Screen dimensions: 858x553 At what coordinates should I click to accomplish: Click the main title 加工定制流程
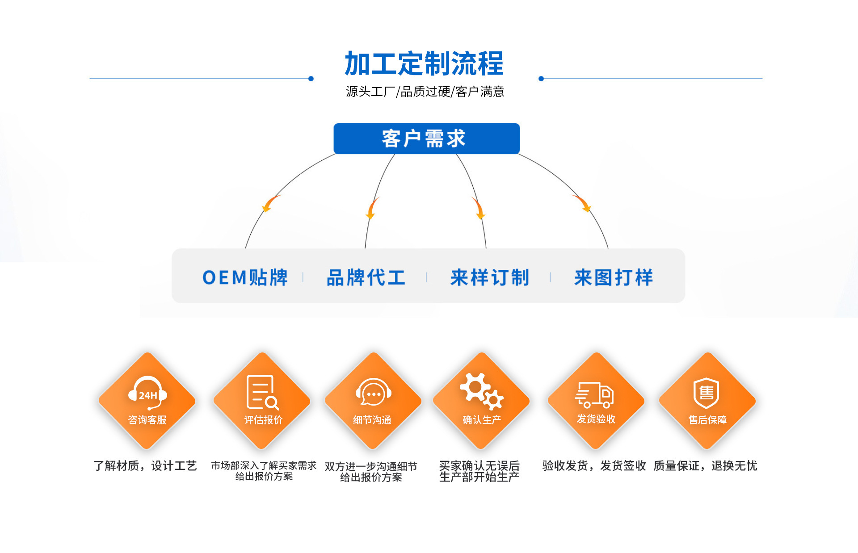tap(424, 63)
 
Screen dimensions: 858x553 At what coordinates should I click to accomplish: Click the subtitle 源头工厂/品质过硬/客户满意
tap(425, 92)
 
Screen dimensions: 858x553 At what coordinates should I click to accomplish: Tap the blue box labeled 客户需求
tap(427, 138)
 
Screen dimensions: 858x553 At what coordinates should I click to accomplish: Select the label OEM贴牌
tap(245, 277)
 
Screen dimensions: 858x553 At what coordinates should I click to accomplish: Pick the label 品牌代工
tap(366, 277)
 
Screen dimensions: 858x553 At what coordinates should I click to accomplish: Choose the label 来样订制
tap(490, 277)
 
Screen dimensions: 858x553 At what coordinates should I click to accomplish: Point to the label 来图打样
tap(614, 277)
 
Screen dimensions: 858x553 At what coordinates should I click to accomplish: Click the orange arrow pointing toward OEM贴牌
tap(271, 203)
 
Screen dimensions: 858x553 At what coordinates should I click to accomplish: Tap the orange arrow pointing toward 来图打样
tap(582, 203)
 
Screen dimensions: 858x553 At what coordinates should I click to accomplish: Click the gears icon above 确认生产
tap(482, 391)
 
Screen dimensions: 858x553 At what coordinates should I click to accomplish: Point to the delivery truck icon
tap(594, 395)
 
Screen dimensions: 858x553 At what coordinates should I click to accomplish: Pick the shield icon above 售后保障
tap(707, 393)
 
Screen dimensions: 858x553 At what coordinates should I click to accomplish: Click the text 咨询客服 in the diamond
tap(147, 420)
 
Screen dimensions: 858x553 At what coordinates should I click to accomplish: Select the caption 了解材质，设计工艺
tap(145, 466)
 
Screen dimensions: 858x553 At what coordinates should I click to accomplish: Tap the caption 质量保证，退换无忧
tap(705, 466)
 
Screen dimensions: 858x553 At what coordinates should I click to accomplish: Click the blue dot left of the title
tap(311, 79)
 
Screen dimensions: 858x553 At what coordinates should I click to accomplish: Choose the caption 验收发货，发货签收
tap(594, 466)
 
